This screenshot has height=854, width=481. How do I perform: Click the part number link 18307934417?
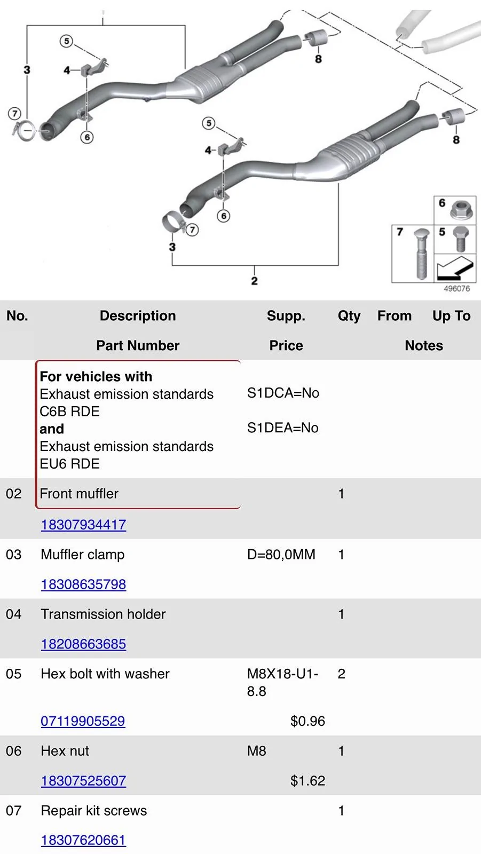coord(83,525)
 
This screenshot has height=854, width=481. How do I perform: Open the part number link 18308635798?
coord(83,584)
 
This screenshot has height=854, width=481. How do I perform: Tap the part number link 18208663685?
coord(83,644)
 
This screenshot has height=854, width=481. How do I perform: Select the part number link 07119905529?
coord(83,721)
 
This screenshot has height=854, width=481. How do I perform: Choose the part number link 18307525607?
coord(83,780)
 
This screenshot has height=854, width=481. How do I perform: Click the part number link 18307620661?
coord(83,840)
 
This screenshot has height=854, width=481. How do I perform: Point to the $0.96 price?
coord(307,721)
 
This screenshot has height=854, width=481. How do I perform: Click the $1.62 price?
coord(307,780)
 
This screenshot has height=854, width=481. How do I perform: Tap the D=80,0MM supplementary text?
coord(281,555)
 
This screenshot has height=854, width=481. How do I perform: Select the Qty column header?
coord(349,316)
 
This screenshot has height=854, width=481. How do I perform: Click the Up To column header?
coord(451,316)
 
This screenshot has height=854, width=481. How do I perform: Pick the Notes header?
coord(424,345)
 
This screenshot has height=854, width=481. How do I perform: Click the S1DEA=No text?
coord(282,428)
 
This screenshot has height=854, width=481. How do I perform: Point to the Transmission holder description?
coord(103,614)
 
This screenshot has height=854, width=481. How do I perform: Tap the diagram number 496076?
coord(456,289)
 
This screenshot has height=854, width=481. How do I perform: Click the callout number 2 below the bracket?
coord(255,281)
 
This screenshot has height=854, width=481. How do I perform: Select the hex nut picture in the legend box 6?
coord(461,210)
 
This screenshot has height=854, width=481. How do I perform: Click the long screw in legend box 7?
coord(421,253)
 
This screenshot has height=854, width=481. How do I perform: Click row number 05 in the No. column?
coord(13,674)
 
